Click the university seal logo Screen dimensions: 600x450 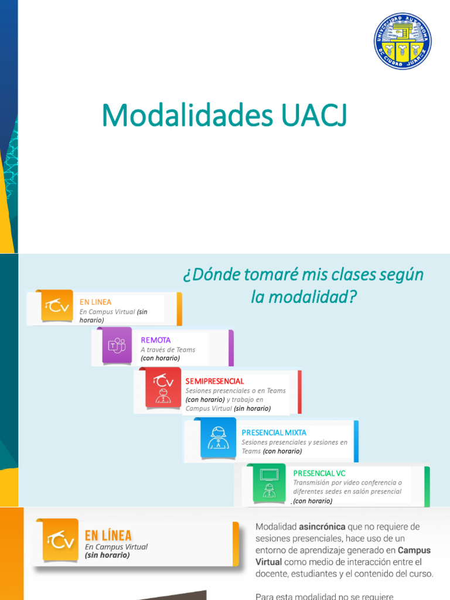click(403, 40)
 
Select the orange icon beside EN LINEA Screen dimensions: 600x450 click(57, 306)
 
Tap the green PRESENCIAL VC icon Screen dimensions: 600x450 click(270, 483)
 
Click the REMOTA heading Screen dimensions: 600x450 click(156, 340)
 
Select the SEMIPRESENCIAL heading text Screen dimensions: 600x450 click(214, 381)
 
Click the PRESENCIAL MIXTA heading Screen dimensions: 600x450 click(274, 432)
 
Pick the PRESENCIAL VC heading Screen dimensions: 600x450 click(319, 472)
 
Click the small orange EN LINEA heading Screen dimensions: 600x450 click(96, 302)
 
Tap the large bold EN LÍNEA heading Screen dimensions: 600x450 click(108, 535)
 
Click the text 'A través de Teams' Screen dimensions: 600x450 click(168, 349)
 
